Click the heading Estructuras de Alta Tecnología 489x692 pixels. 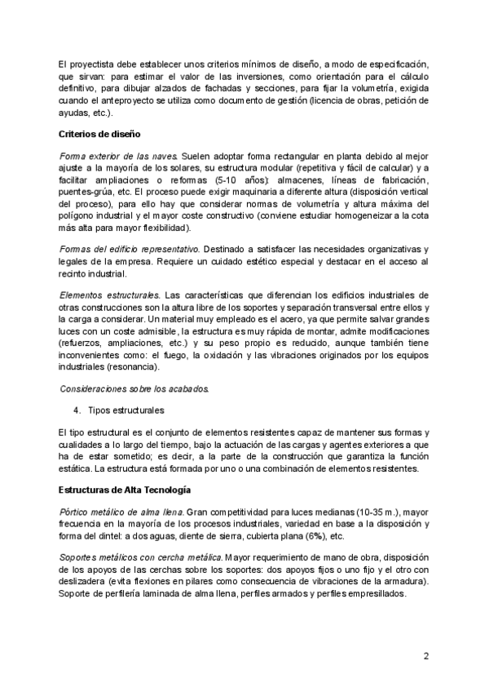click(125, 490)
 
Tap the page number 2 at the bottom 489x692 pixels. click(425, 655)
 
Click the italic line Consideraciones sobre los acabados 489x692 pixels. click(134, 387)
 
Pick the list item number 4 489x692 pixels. click(77, 409)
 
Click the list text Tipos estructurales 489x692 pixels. click(126, 409)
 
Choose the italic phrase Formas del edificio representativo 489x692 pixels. click(130, 247)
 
